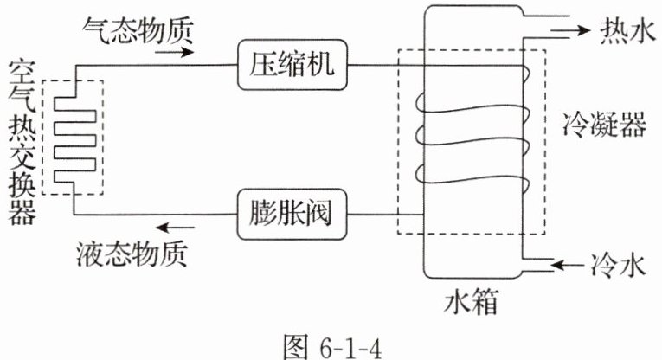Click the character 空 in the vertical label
click(x=17, y=72)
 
